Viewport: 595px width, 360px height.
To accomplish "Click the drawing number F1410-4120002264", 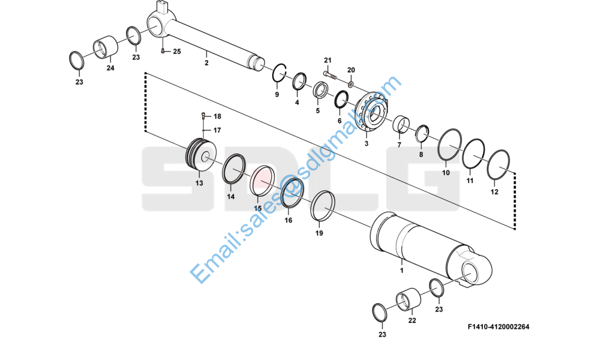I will point(498,327).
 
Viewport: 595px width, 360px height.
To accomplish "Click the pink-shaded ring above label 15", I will point(262,180).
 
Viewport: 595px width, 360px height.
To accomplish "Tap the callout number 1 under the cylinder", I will point(401,270).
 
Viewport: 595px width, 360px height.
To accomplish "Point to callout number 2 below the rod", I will point(206,62).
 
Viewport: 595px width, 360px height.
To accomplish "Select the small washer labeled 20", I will point(351,82).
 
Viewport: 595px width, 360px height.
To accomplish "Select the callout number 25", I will point(176,52).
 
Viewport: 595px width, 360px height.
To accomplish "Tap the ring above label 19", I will point(323,206).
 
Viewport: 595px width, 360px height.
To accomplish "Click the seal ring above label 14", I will point(234,170).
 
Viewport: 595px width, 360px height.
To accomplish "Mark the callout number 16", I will point(289,221).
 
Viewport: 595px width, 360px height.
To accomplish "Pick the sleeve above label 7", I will point(401,126).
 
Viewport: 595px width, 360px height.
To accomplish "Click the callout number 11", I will point(470,181).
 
